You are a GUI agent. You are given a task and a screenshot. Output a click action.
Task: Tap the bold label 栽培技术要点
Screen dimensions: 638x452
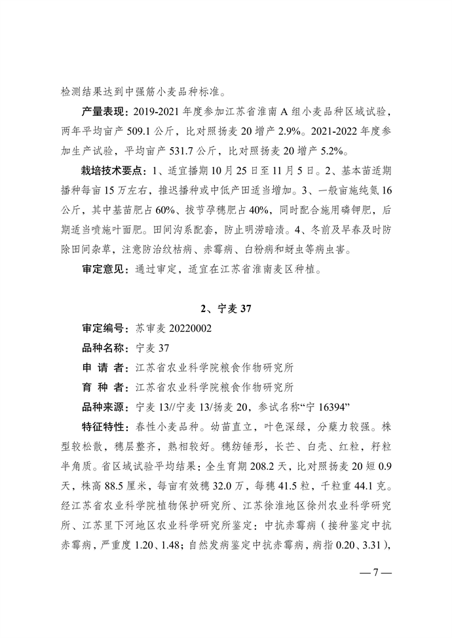(111, 172)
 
